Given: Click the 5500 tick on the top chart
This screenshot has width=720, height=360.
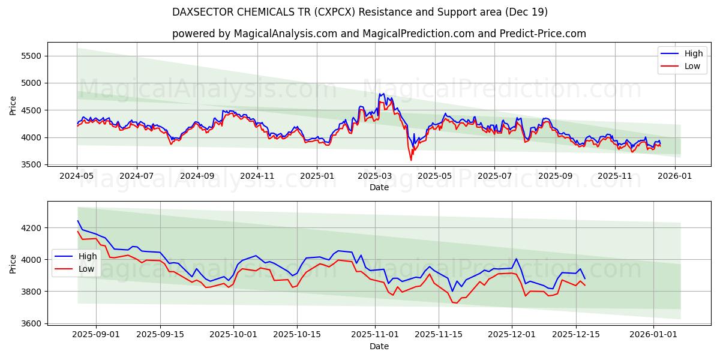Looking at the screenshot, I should [30, 56].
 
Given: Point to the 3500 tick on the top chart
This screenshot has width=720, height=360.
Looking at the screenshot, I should [30, 164].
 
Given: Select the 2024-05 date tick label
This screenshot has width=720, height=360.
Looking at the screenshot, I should [77, 176].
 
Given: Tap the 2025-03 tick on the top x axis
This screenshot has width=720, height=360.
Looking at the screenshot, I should [375, 176].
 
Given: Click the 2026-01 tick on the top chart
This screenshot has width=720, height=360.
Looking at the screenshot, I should [674, 176].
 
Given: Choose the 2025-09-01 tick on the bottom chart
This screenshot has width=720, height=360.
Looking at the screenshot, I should [95, 335].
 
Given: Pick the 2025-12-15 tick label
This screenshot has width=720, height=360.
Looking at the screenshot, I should [576, 335].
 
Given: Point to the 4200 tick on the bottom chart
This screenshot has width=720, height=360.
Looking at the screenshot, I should [30, 228].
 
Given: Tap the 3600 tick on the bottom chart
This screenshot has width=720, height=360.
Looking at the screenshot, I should [30, 323].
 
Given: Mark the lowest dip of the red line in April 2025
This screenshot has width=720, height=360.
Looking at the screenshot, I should [411, 160].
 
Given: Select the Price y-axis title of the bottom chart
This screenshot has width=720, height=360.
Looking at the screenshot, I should [13, 264].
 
